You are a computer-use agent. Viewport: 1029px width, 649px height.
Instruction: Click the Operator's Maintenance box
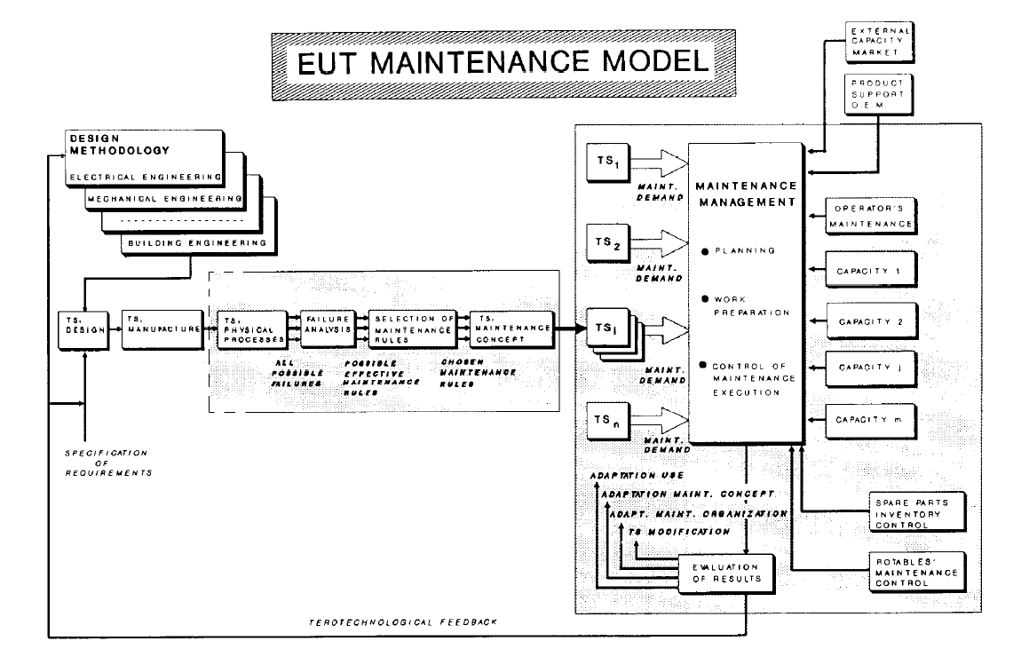[x=869, y=217]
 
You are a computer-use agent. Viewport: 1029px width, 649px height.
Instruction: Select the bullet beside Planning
[x=704, y=251]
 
